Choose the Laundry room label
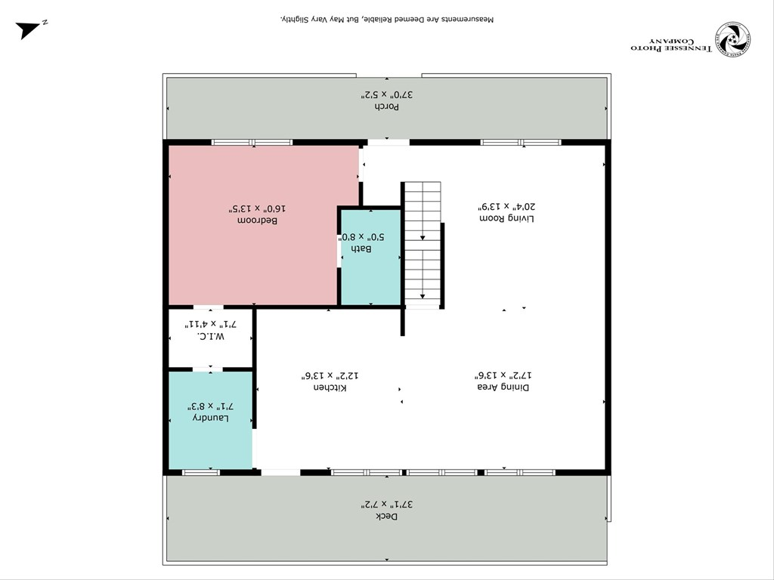210,418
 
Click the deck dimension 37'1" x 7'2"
386,503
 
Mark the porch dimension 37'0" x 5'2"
387,94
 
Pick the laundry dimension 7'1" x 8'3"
210,405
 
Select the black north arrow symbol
29,29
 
